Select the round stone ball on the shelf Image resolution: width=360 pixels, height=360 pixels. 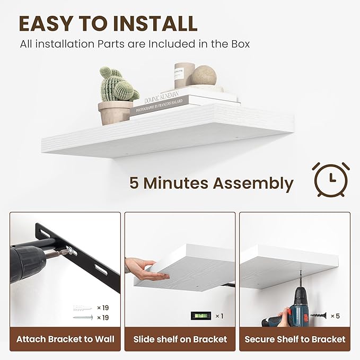click(x=204, y=75)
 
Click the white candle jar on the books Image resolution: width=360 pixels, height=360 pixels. click(x=184, y=75)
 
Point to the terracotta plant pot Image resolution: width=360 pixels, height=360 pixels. click(x=115, y=112)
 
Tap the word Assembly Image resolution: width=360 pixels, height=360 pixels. click(x=253, y=183)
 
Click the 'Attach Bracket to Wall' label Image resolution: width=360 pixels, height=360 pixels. click(x=65, y=339)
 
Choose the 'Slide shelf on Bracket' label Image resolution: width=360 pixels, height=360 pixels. click(x=180, y=339)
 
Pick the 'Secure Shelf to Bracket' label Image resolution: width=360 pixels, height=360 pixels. click(x=295, y=339)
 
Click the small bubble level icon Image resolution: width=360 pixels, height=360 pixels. click(x=201, y=316)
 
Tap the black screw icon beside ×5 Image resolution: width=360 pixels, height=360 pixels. click(x=318, y=316)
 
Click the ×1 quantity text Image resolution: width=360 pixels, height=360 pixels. click(x=218, y=317)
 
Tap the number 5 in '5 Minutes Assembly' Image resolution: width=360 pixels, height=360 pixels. click(x=135, y=183)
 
